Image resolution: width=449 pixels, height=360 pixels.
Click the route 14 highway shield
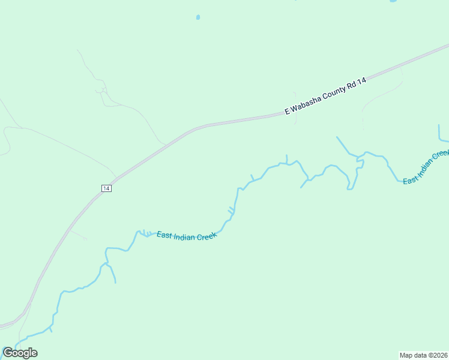[x=106, y=188]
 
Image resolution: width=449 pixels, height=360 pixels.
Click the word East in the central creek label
[x=164, y=235]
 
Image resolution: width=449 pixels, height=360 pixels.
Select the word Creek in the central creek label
[x=205, y=236]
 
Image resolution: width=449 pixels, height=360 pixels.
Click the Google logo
[x=20, y=353]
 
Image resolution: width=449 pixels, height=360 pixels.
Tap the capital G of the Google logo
[x=7, y=352]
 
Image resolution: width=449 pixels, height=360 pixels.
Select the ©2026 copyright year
[x=438, y=355]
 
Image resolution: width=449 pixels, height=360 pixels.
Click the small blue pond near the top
[x=198, y=17]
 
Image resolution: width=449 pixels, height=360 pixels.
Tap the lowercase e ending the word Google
[x=34, y=353]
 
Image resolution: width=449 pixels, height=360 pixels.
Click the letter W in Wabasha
[x=295, y=107]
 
